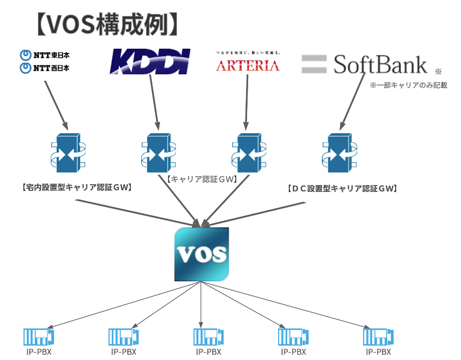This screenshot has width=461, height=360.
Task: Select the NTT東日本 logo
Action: point(45,55)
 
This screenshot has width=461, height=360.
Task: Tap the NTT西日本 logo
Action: point(45,68)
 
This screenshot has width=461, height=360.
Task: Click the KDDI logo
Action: point(150,61)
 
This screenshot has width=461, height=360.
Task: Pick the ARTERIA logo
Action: point(247,65)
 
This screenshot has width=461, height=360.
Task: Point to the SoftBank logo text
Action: point(380,64)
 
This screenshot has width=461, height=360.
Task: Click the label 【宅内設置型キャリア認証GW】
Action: point(76,188)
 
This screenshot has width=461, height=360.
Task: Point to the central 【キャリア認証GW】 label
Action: point(202,180)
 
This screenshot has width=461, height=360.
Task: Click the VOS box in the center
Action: point(202,255)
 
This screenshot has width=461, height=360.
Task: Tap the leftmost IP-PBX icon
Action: point(39,337)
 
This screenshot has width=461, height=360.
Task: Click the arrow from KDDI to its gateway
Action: point(154,102)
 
